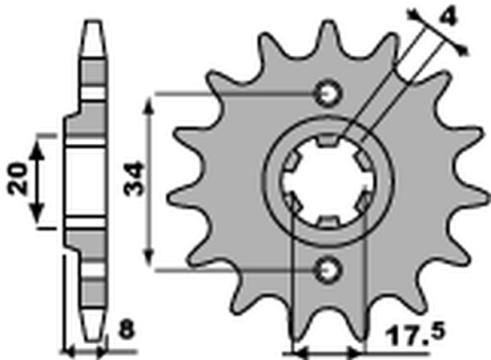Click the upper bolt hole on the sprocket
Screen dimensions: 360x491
click(x=330, y=94)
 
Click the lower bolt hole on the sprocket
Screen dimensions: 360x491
click(x=330, y=269)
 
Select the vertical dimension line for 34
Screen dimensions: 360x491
click(x=149, y=181)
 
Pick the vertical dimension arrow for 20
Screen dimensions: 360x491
click(x=39, y=180)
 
